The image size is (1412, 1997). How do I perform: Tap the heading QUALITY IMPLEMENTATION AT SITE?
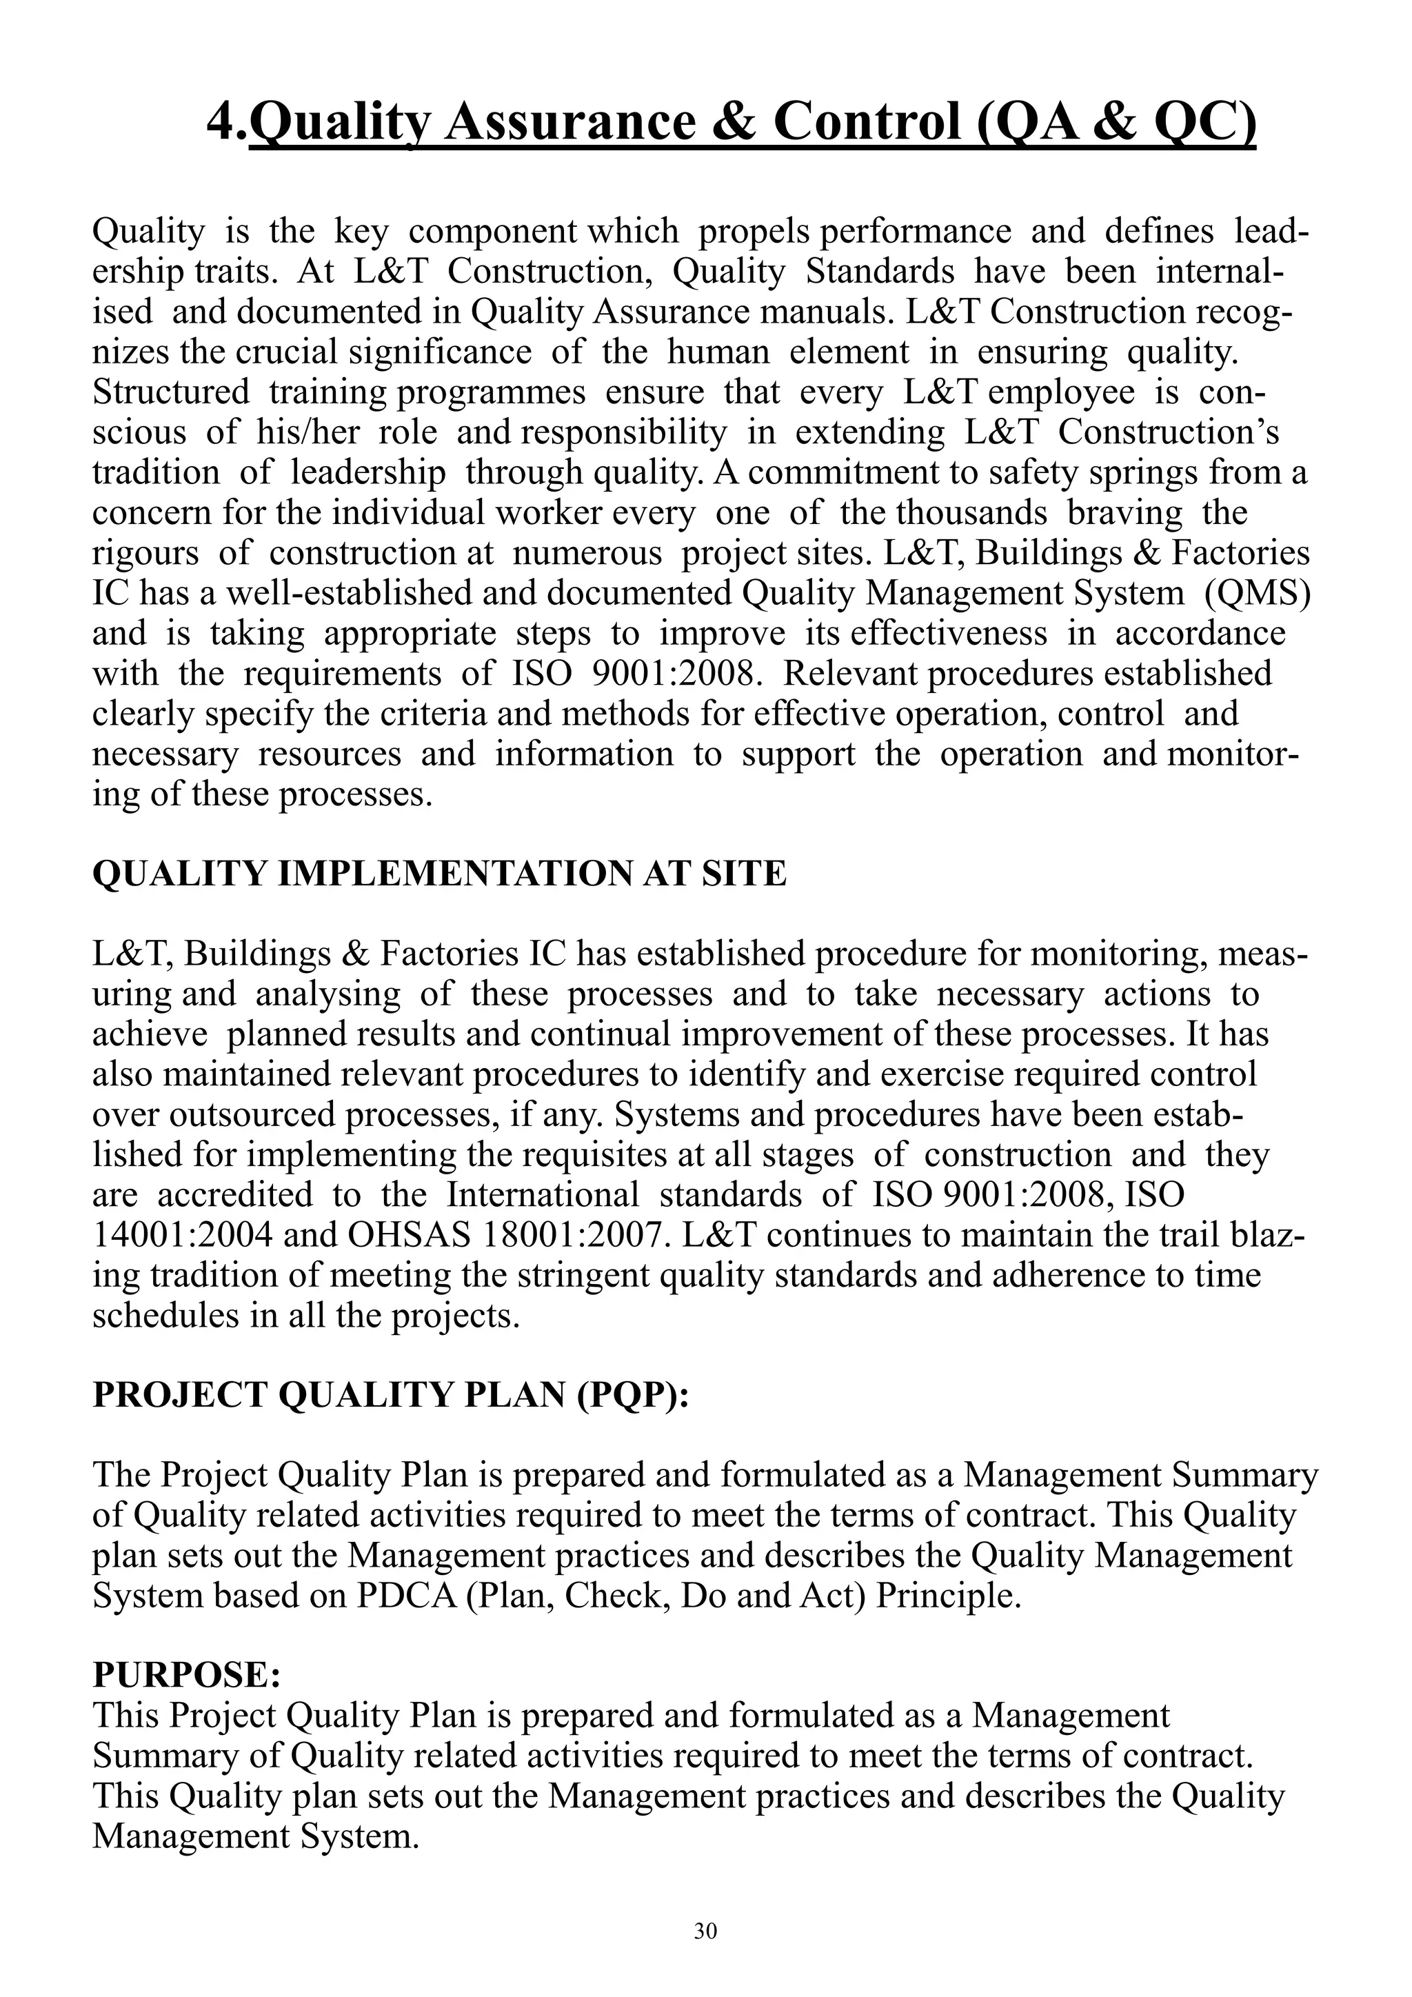click(x=439, y=873)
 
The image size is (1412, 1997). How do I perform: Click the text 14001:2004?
click(x=183, y=1235)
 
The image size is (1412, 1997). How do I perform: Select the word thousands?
click(x=971, y=513)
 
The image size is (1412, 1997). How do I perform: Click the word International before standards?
click(x=543, y=1195)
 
